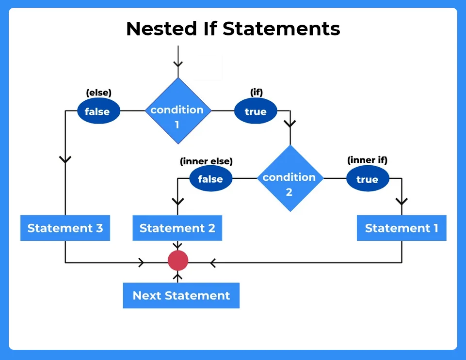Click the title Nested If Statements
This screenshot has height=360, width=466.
233,29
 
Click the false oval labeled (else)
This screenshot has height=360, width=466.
97,111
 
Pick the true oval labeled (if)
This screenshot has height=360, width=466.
256,111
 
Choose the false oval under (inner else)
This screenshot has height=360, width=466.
210,179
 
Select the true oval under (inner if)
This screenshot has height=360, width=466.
367,179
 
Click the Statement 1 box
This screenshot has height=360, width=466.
401,228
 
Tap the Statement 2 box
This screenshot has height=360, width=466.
177,228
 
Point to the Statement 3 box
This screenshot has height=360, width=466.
65,228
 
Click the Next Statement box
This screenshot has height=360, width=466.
181,296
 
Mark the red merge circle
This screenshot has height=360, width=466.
177,261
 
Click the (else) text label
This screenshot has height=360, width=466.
98,93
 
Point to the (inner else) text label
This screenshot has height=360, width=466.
206,161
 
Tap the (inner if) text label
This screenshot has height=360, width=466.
367,160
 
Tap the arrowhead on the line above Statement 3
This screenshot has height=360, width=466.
65,159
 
